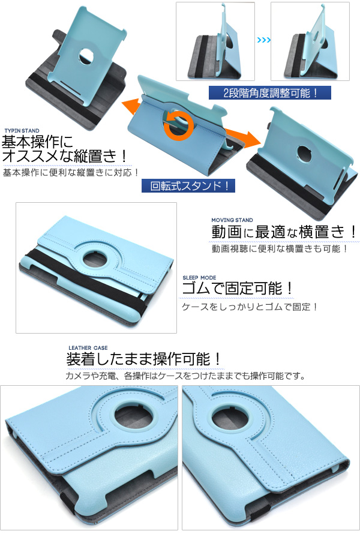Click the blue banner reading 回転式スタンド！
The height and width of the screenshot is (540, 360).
[188, 186]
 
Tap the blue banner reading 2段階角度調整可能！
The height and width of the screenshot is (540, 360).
[270, 93]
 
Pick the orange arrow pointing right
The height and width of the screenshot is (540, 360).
[243, 137]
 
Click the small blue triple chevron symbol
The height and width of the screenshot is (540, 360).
[263, 40]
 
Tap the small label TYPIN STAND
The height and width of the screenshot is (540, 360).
[22, 131]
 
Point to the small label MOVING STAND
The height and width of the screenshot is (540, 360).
[232, 220]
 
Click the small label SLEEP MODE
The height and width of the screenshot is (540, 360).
[199, 278]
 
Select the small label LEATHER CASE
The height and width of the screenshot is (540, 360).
[88, 348]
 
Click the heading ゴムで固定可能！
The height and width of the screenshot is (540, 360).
[238, 289]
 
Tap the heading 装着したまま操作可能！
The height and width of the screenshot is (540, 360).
[144, 359]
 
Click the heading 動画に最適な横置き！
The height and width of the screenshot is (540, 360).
[284, 232]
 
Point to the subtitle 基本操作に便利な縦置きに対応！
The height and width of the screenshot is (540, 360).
[71, 172]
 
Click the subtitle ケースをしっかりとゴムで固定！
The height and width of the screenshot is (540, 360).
[250, 307]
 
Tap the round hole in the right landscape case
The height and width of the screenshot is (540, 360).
[304, 154]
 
